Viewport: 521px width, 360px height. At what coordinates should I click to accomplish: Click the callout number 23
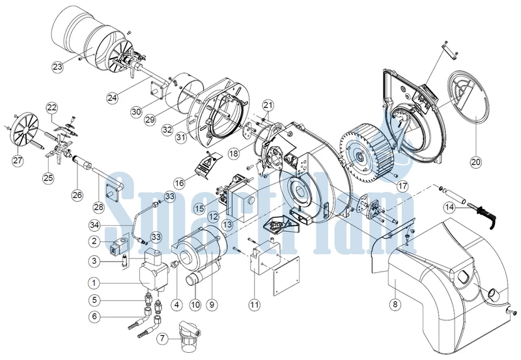57,66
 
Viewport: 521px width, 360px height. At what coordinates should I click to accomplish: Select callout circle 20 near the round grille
476,161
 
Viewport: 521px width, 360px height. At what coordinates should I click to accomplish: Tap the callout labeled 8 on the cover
395,305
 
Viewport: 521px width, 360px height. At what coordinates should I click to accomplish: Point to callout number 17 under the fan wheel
402,186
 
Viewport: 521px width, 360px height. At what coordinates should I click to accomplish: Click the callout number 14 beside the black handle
449,208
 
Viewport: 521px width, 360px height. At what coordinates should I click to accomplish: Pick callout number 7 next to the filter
162,339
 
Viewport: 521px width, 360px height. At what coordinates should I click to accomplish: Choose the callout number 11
255,305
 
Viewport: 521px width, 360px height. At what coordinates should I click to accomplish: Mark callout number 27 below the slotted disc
18,161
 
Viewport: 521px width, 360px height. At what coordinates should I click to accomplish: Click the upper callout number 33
169,197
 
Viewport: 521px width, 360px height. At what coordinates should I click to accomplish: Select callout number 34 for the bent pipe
94,225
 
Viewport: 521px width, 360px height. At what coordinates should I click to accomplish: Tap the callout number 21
268,105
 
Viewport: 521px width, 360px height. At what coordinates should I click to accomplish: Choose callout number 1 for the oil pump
94,283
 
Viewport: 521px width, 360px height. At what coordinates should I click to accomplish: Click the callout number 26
77,195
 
